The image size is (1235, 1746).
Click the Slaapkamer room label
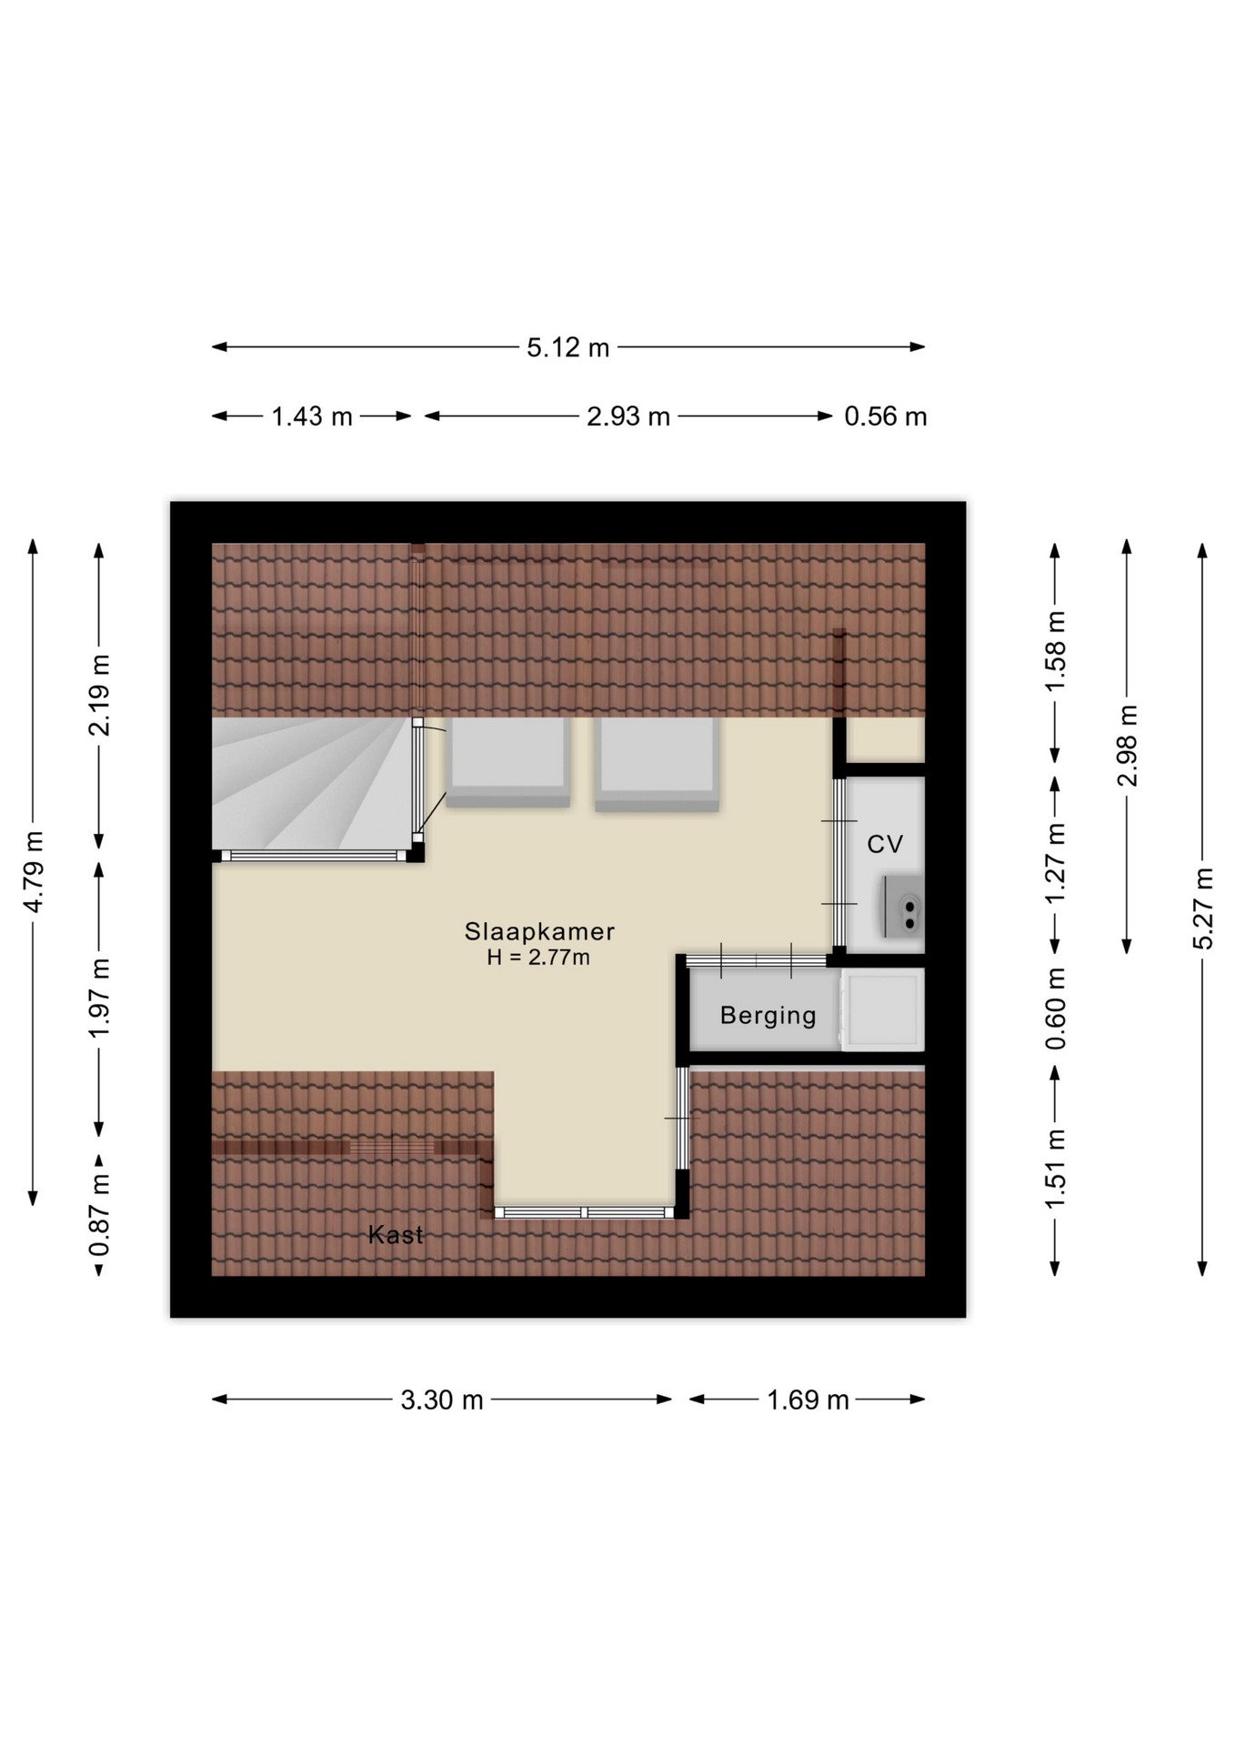539,931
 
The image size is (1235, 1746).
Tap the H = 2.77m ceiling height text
538,957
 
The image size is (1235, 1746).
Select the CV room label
885,844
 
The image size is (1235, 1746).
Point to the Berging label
768,1016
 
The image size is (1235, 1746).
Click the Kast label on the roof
396,1234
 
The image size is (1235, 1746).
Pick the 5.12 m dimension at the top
568,347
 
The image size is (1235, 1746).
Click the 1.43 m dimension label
312,416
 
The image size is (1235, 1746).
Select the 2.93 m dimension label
628,416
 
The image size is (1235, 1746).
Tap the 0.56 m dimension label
886,416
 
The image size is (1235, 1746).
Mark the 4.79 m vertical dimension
33,871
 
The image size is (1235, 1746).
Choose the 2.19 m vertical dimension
99,695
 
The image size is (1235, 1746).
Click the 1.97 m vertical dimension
99,998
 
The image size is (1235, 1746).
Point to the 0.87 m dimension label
99,1214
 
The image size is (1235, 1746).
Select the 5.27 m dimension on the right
1203,908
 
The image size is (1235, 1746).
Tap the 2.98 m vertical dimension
1127,746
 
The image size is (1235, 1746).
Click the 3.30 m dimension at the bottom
442,1400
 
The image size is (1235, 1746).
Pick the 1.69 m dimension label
808,1400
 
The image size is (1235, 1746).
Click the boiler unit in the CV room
903,906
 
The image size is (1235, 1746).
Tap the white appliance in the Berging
882,1009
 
